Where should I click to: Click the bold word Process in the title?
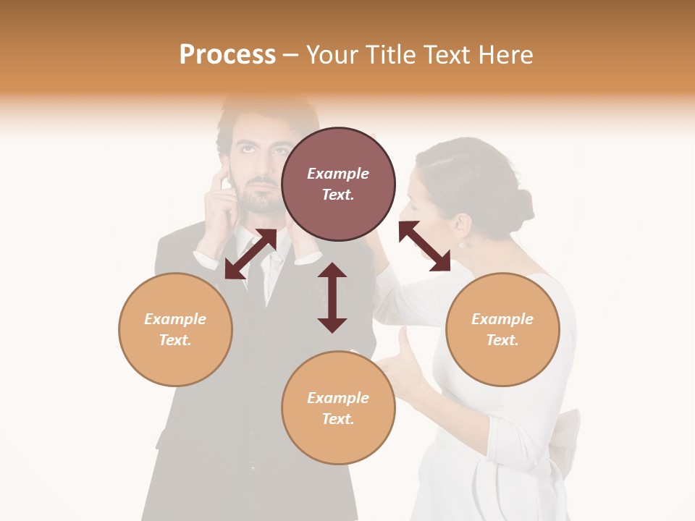click(x=227, y=55)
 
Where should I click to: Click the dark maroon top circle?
click(x=338, y=184)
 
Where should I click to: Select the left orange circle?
click(x=175, y=329)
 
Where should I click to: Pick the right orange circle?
click(x=502, y=329)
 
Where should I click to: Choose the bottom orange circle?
click(x=338, y=408)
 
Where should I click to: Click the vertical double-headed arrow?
click(x=332, y=297)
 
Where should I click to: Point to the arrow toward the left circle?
click(x=250, y=254)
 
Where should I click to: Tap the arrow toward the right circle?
click(x=424, y=246)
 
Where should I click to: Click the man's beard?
click(x=261, y=199)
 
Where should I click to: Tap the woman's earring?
click(x=460, y=245)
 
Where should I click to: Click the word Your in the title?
click(x=331, y=55)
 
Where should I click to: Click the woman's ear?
click(x=458, y=226)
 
